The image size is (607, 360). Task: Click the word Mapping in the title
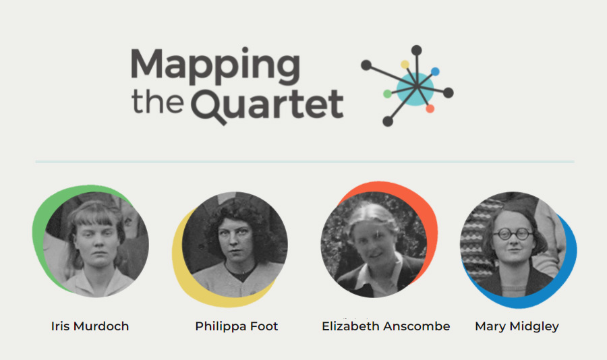pyautogui.click(x=215, y=66)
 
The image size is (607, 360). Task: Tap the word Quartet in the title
pyautogui.click(x=267, y=105)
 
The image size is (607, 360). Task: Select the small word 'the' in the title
pyautogui.click(x=158, y=102)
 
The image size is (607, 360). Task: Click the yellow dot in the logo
pyautogui.click(x=405, y=64)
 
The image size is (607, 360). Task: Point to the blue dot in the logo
pyautogui.click(x=435, y=71)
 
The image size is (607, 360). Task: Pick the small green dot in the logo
pyautogui.click(x=387, y=94)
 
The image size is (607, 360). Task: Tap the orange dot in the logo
pyautogui.click(x=430, y=109)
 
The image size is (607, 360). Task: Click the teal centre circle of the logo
pyautogui.click(x=415, y=89)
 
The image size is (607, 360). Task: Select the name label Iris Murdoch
pyautogui.click(x=90, y=326)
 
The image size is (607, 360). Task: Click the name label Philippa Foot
pyautogui.click(x=237, y=326)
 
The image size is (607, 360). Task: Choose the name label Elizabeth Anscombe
pyautogui.click(x=386, y=326)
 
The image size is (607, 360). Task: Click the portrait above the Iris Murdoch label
pyautogui.click(x=96, y=245)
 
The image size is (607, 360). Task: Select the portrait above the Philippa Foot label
pyautogui.click(x=235, y=245)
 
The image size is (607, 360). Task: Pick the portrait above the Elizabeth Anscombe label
pyautogui.click(x=374, y=245)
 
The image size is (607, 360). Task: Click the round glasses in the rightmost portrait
pyautogui.click(x=513, y=234)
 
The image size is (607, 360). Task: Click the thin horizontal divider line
pyautogui.click(x=305, y=161)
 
